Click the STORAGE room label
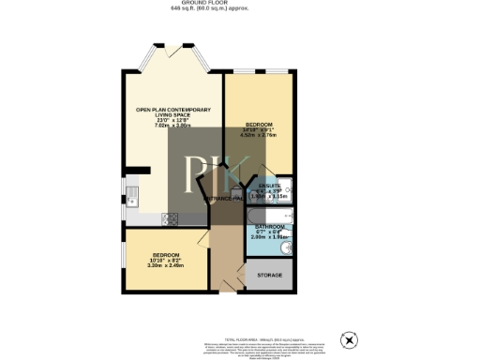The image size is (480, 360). point(270,276)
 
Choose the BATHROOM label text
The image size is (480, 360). point(270,232)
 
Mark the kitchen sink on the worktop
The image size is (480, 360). point(132,197)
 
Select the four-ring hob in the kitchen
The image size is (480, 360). point(171,219)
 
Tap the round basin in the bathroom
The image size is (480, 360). point(286,247)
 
